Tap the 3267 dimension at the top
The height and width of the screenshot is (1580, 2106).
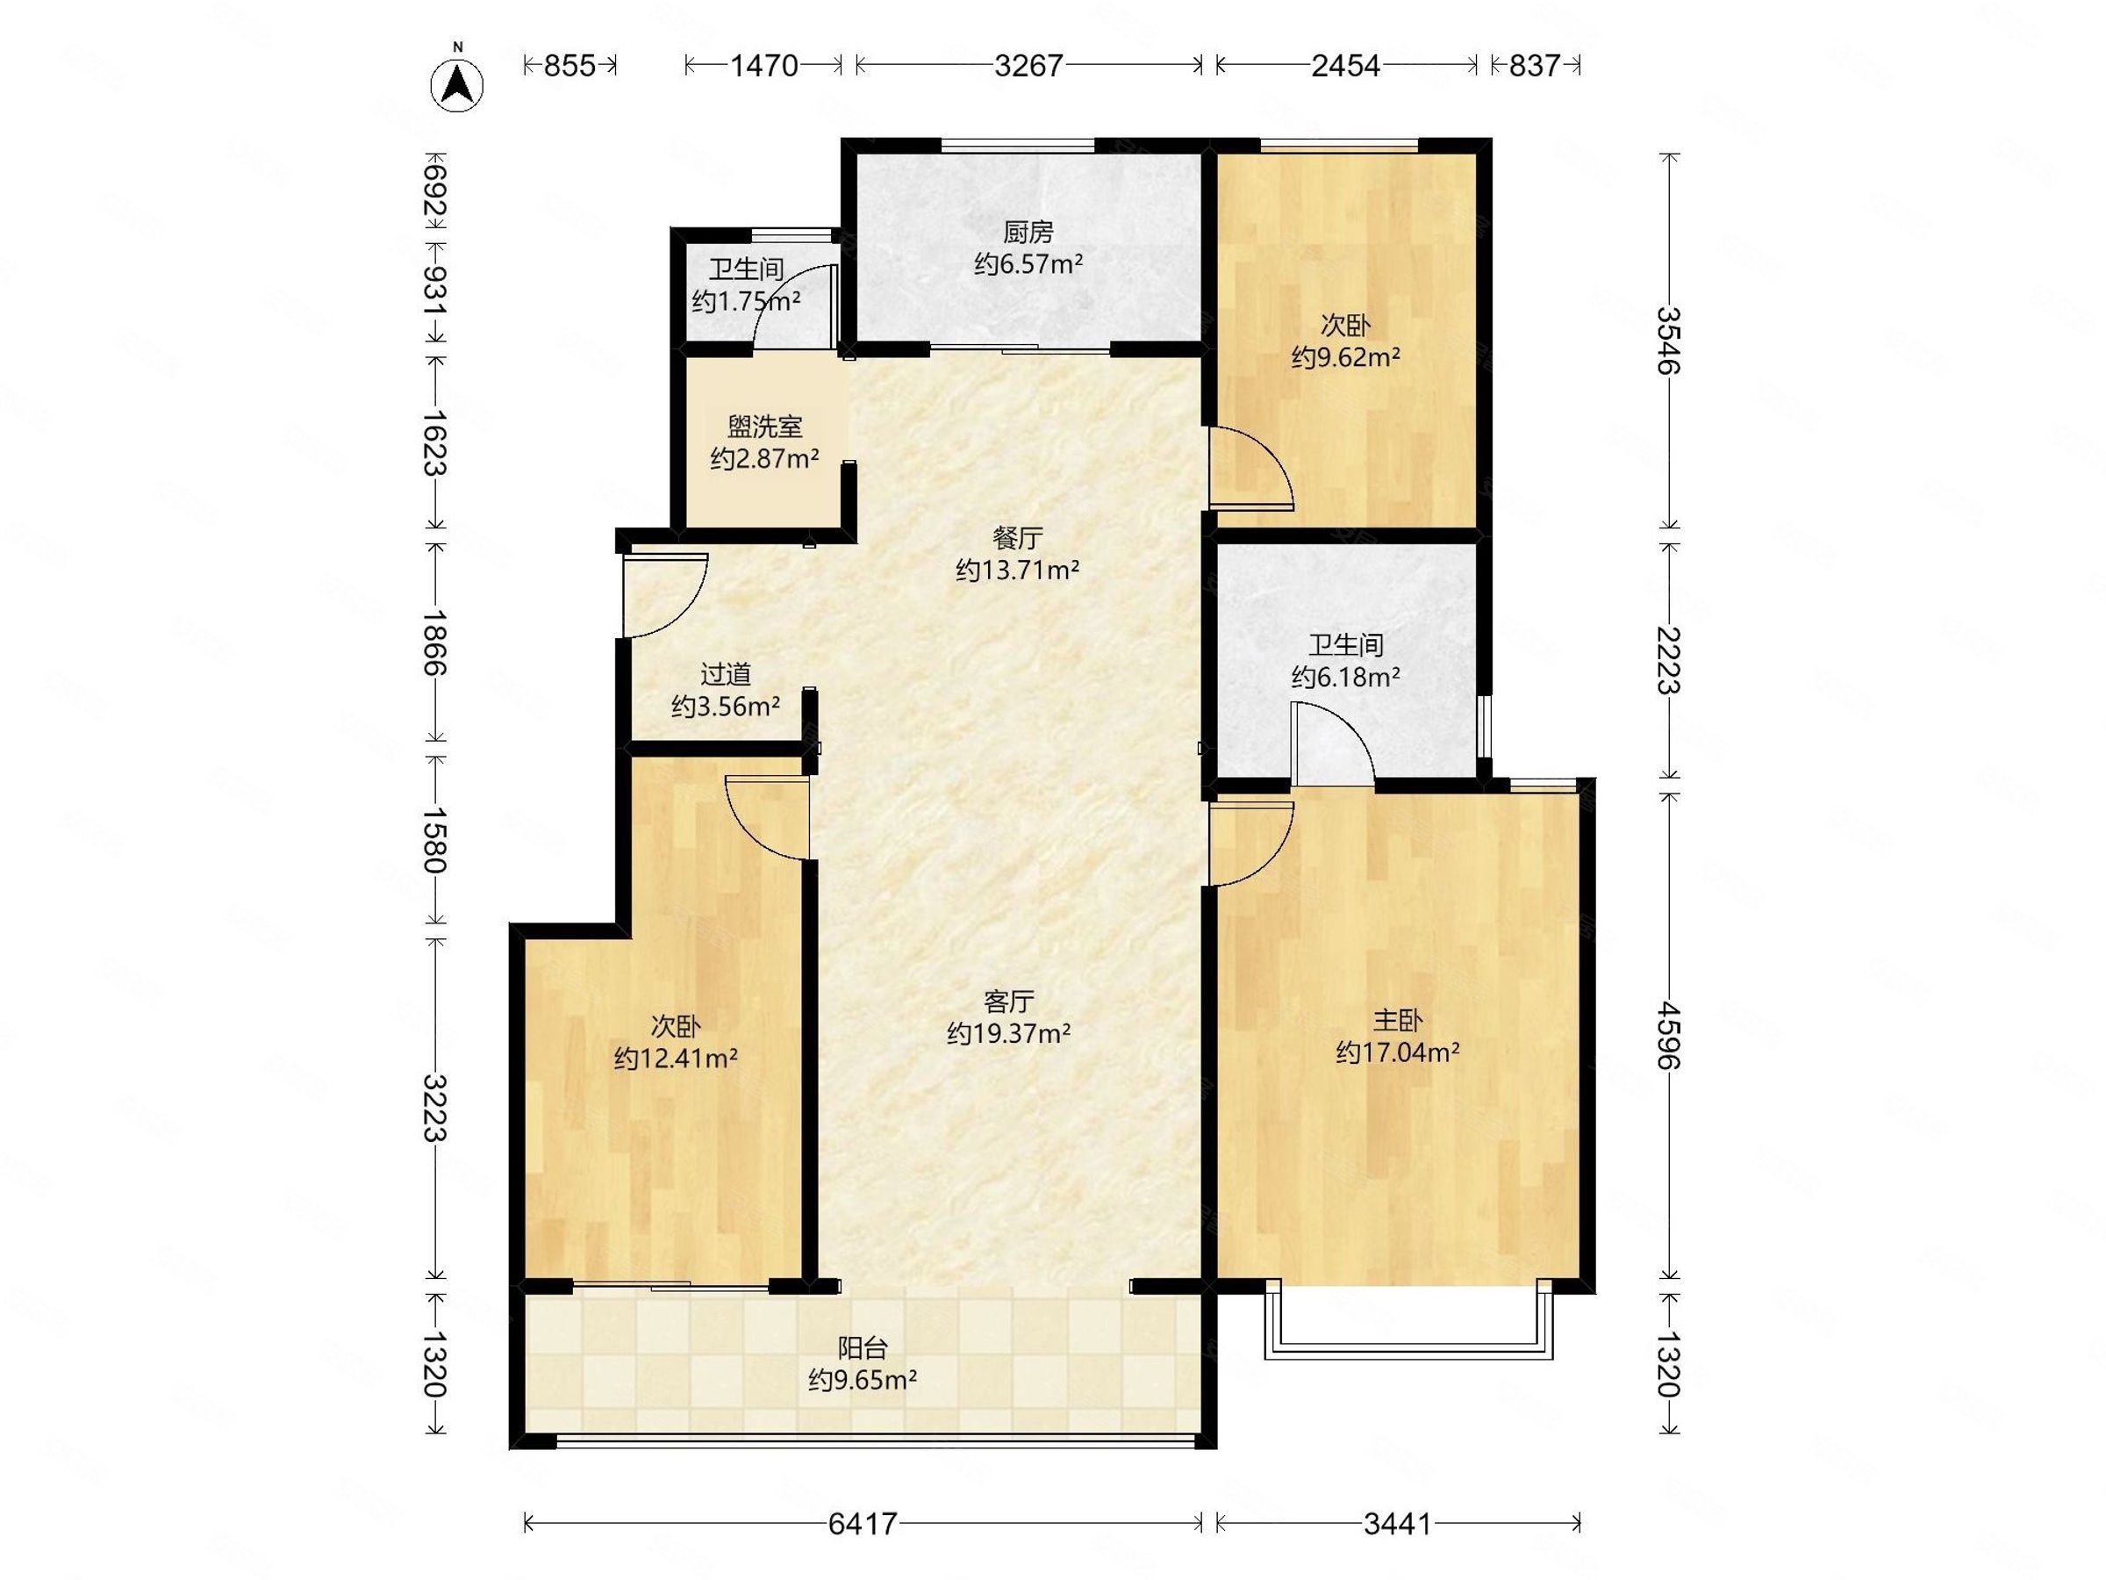(1028, 65)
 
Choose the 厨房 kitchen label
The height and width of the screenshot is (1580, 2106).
(1028, 232)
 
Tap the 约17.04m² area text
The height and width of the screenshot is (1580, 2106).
(1398, 1052)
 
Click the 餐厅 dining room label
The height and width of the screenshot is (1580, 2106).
(1018, 538)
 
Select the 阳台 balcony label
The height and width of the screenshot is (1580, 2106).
(863, 1347)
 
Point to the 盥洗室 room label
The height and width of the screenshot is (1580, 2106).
(764, 426)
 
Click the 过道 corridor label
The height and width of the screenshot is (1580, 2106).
(726, 674)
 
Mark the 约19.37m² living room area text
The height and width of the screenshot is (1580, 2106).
(1009, 1033)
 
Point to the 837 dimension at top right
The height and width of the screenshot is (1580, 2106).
(1534, 65)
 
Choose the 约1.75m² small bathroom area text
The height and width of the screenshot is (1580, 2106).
(747, 302)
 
